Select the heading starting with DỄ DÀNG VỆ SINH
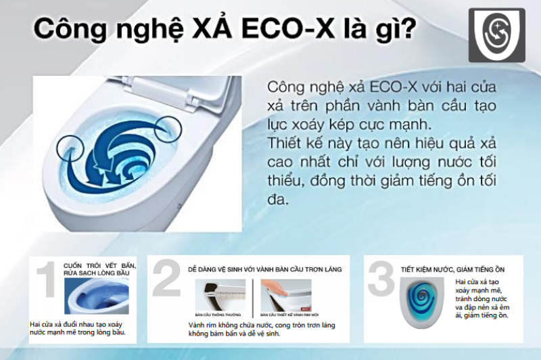(x=264, y=269)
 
